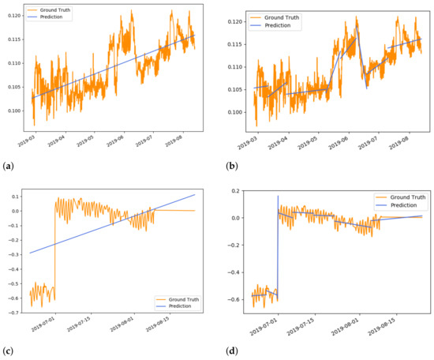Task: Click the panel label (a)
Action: click(8, 167)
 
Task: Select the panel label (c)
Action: click(8, 350)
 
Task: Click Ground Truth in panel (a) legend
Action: click(58, 9)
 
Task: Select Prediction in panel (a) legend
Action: click(55, 17)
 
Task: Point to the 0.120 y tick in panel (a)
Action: click(11, 16)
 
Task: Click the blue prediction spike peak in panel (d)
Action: click(278, 196)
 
